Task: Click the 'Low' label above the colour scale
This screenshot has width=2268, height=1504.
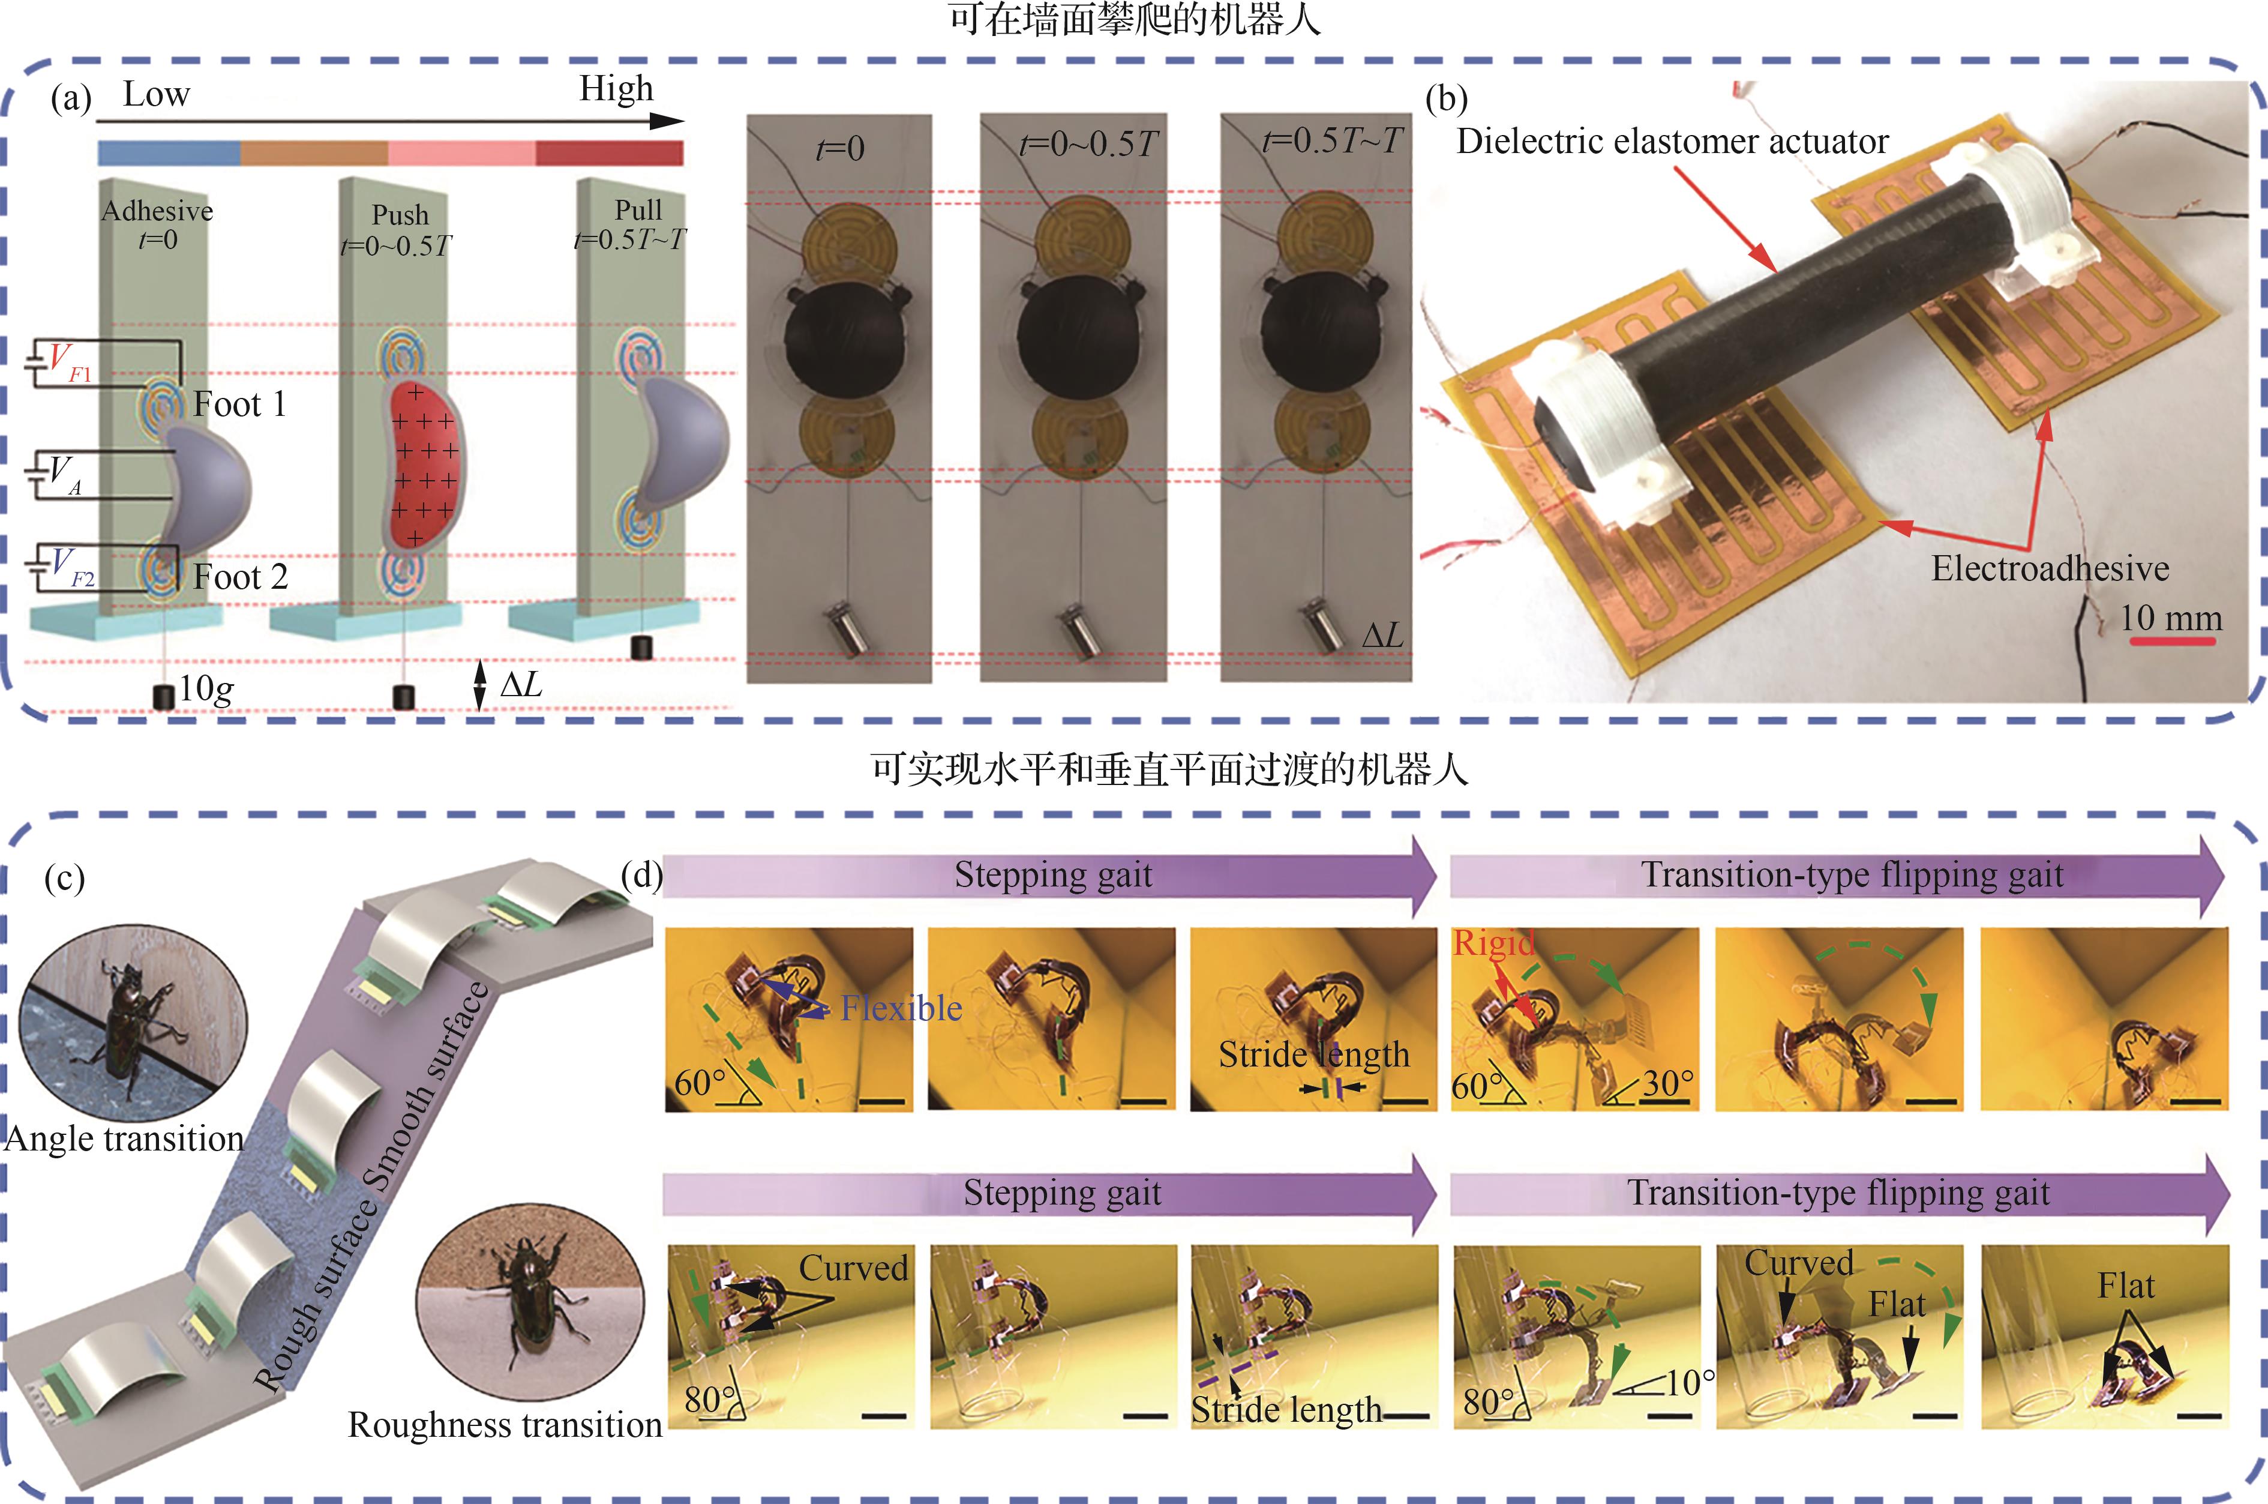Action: pos(157,94)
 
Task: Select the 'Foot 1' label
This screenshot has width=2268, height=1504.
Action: pos(240,404)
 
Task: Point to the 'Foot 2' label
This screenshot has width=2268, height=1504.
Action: pos(240,577)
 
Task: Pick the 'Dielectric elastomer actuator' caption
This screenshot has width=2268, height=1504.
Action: pos(1672,141)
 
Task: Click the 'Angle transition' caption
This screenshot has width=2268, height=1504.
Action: pos(125,1139)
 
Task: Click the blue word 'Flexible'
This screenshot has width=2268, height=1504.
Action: pos(901,1008)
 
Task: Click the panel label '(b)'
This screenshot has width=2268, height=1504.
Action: pos(1447,99)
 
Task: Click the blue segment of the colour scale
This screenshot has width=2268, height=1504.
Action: pos(169,152)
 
